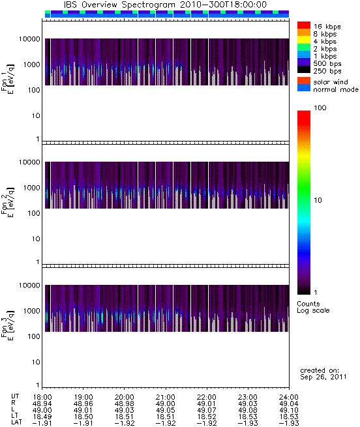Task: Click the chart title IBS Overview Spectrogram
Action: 119,5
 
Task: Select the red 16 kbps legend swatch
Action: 304,25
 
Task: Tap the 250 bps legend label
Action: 327,71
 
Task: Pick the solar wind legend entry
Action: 330,82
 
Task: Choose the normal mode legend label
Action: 336,89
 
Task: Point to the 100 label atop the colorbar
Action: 320,108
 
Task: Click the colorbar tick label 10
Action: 318,200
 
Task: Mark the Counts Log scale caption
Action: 313,307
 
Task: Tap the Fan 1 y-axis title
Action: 8,79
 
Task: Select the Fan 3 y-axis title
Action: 8,325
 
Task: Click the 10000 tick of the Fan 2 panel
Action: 29,162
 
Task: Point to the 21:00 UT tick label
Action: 166,397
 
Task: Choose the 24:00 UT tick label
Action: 289,397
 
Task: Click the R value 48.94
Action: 42,404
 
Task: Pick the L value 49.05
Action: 166,410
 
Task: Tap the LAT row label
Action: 16,422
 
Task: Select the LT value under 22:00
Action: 207,417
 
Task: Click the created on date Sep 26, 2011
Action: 323,377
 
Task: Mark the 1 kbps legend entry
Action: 325,56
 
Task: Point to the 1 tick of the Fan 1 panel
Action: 38,139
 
